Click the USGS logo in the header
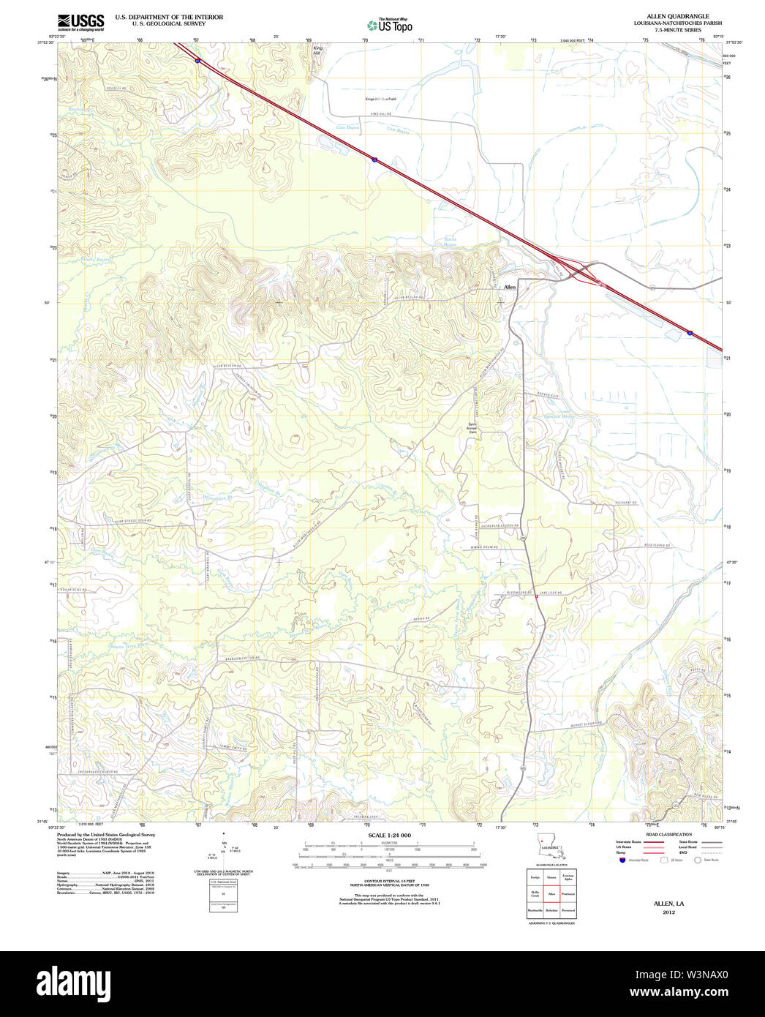coord(80,21)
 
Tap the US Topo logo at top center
coord(391,26)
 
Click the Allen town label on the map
coord(509,287)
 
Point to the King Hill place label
coord(317,50)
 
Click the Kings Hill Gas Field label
coord(380,99)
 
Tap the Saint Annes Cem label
coord(472,428)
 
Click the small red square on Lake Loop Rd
coord(536,596)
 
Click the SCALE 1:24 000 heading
coord(389,835)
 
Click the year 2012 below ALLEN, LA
coord(668,912)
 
